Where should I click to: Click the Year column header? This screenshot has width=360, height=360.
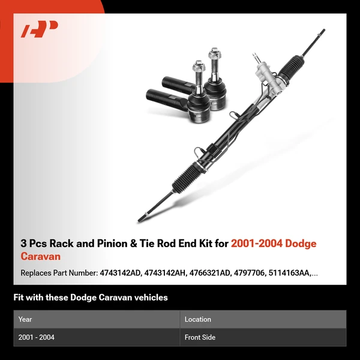25,319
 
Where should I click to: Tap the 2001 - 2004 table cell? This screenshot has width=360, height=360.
37,337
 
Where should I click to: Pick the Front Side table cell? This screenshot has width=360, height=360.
200,337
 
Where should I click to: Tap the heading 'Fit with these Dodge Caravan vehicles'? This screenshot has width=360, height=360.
91,298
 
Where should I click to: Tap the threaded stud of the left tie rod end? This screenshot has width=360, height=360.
197,71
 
